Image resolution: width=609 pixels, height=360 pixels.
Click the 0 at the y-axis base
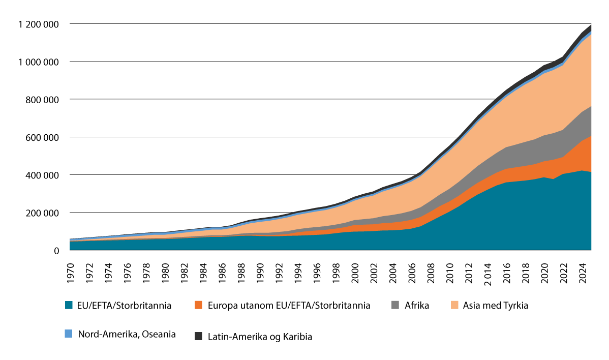57,250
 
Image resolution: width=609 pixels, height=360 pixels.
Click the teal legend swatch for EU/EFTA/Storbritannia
69,306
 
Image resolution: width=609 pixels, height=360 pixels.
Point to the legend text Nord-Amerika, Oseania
127,334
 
